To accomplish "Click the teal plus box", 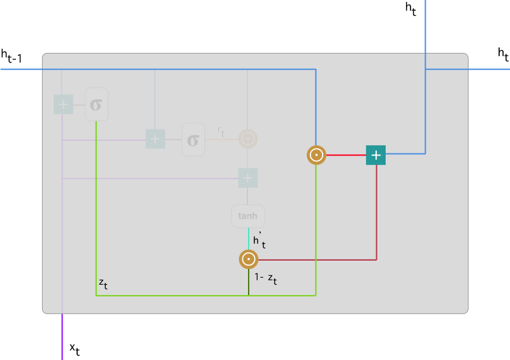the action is point(375,155).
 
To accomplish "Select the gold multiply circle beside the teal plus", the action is point(316,155).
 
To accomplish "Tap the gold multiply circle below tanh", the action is point(248,259).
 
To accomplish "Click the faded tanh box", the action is point(247,216).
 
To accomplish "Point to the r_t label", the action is point(221,131).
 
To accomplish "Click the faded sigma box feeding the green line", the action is point(96,104).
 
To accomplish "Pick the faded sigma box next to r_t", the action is point(193,139).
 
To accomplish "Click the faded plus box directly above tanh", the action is point(247,178).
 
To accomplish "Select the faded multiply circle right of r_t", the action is point(247,138).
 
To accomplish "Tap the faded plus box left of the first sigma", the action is point(63,104).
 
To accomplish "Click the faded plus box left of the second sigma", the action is point(156,138).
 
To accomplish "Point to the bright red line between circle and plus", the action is point(346,155).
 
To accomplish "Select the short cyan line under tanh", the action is point(248,239).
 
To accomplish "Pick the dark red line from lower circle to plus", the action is point(319,259).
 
